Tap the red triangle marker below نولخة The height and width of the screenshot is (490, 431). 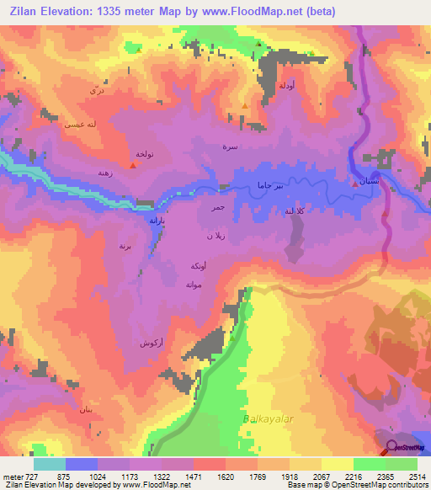pos(133,166)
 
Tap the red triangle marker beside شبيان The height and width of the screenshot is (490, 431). pos(353,182)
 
